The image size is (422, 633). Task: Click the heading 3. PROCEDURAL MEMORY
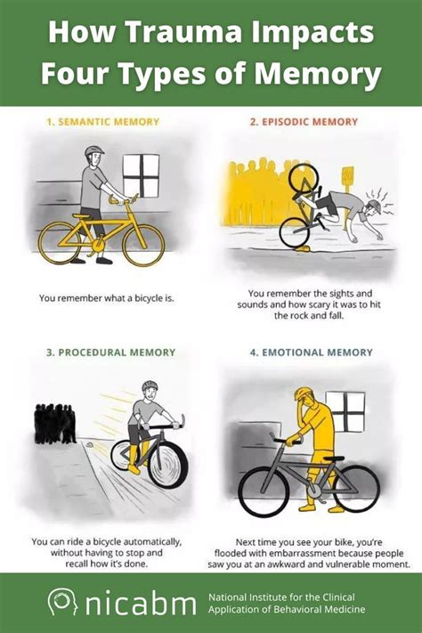click(x=105, y=353)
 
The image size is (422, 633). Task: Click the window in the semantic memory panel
click(x=142, y=174)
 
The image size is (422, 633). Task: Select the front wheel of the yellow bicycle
click(x=142, y=244)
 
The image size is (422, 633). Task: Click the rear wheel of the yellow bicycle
click(x=60, y=243)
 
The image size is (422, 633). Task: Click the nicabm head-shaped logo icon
click(x=61, y=603)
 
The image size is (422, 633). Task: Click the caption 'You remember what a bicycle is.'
click(x=105, y=297)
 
